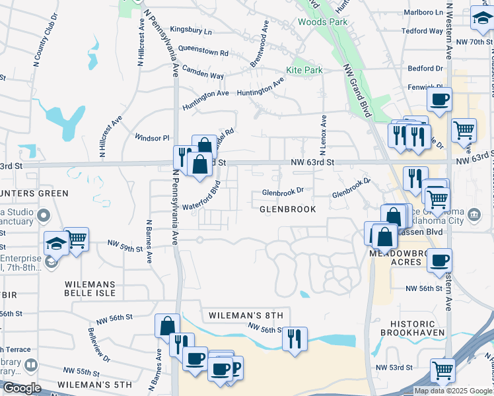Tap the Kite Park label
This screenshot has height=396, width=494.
[x=304, y=70]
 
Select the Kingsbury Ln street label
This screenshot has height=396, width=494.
[x=191, y=30]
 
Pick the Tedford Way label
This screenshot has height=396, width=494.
[x=421, y=31]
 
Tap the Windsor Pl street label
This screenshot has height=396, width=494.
[x=153, y=138]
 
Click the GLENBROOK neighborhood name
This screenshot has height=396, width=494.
[x=287, y=209]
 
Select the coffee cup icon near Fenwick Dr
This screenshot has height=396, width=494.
[x=439, y=99]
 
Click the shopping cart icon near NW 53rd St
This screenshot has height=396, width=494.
[x=442, y=370]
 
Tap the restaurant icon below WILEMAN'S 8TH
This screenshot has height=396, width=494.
[x=295, y=338]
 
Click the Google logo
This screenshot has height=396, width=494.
[x=22, y=388]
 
